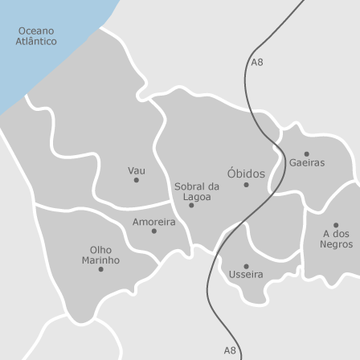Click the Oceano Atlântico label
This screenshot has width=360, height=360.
click(x=36, y=36)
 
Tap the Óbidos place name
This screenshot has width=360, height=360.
click(x=245, y=173)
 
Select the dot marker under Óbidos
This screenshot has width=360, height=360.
click(x=246, y=185)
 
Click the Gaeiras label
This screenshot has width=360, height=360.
click(x=307, y=162)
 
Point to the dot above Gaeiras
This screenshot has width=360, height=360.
click(x=306, y=153)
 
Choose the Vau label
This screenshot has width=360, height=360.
click(x=137, y=170)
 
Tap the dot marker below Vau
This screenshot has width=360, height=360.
click(x=136, y=180)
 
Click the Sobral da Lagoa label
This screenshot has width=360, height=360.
click(x=197, y=191)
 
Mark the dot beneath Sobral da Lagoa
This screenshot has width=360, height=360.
click(x=191, y=205)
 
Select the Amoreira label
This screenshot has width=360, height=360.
click(x=153, y=222)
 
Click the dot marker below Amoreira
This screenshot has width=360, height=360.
click(x=153, y=231)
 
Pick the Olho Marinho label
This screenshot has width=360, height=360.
click(x=100, y=255)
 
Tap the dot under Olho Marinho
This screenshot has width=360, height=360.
click(x=100, y=269)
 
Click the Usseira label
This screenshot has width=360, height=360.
click(x=246, y=275)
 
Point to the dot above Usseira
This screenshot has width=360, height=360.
click(x=246, y=266)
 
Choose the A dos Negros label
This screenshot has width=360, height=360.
click(x=336, y=239)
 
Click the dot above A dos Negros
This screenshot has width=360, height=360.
click(x=336, y=226)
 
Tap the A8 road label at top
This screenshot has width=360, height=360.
click(x=257, y=62)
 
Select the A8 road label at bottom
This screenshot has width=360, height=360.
click(x=230, y=350)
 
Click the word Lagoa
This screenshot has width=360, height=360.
click(x=197, y=196)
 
